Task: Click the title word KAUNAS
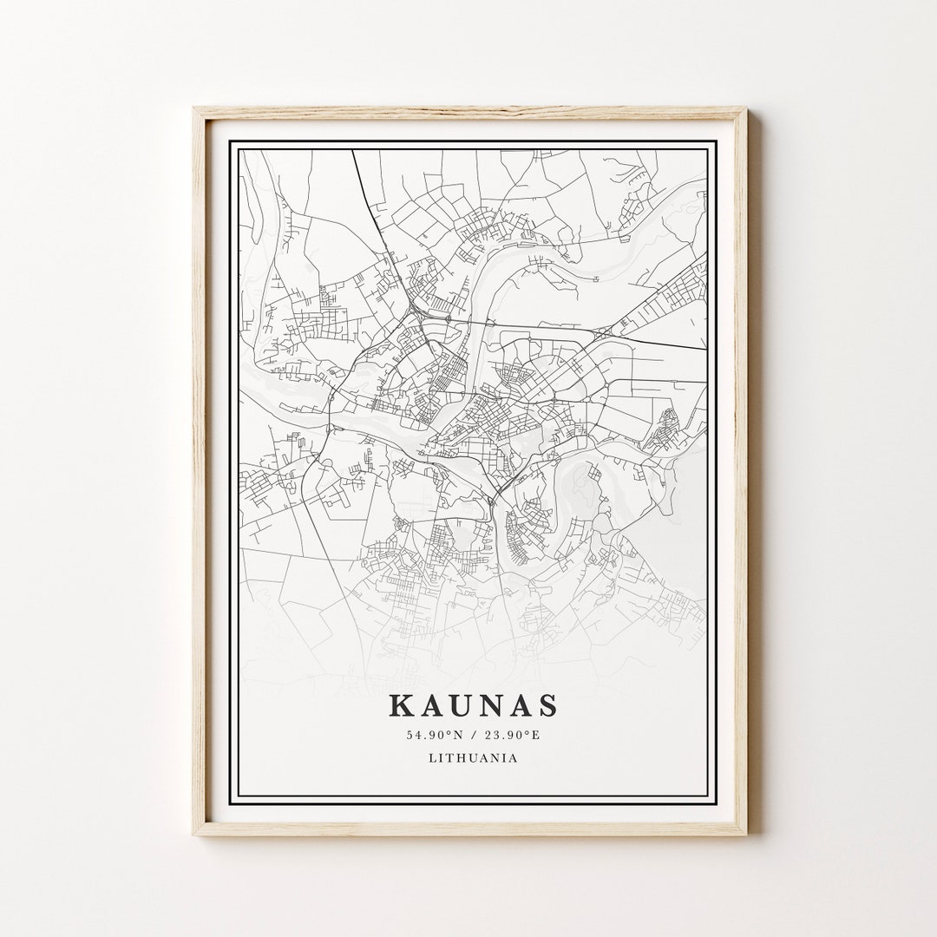tap(473, 704)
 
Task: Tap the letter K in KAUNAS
tap(402, 704)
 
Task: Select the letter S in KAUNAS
tap(547, 704)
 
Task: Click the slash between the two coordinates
tap(474, 736)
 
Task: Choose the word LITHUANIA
tap(473, 757)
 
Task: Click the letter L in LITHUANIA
tap(432, 757)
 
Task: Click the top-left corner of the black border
tap(230, 141)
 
